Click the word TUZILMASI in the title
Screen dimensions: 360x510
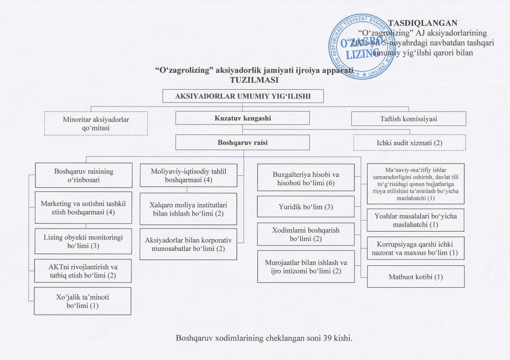point(254,80)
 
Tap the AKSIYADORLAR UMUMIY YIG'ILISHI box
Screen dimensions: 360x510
point(243,97)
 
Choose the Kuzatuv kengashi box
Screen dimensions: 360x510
point(243,118)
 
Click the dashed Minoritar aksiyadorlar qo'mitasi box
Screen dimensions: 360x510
point(97,123)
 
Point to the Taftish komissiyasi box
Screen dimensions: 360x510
point(408,119)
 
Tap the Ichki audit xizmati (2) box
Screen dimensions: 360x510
point(409,142)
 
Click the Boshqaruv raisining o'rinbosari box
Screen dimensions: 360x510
point(84,175)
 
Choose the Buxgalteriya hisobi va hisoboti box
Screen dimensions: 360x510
point(306,179)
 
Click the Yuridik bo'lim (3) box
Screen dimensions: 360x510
point(306,207)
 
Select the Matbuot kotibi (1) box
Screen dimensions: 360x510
point(416,276)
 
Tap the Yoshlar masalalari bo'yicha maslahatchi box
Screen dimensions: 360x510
point(416,221)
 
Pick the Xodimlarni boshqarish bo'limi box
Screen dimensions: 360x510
point(306,235)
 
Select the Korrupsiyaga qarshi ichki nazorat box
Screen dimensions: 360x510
point(416,248)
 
